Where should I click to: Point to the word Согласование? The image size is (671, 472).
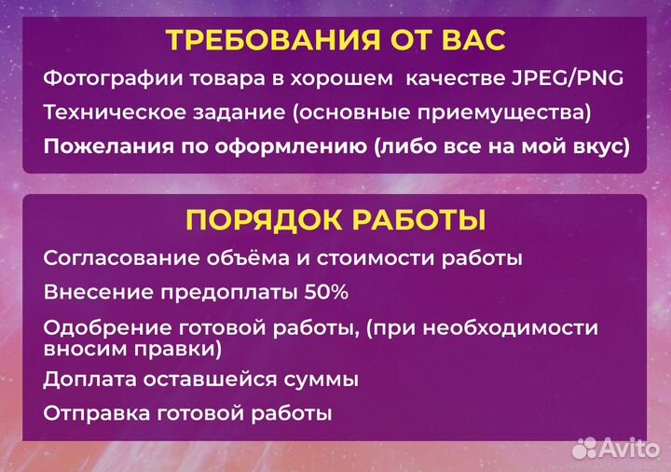[113, 257]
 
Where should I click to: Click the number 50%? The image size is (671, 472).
[326, 292]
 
